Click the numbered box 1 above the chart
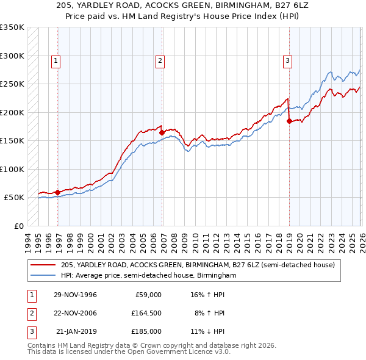point(56,60)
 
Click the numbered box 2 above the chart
point(160,60)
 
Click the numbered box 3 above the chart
point(287,60)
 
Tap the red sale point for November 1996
point(57,192)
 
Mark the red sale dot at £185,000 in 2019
point(289,121)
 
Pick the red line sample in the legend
point(43,265)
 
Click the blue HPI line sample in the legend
point(43,276)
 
